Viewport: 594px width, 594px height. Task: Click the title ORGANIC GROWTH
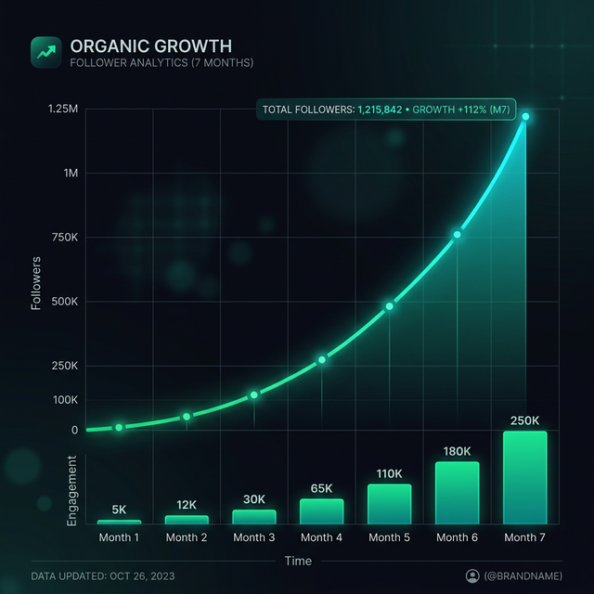coord(151,45)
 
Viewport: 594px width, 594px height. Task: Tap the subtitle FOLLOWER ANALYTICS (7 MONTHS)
coord(161,63)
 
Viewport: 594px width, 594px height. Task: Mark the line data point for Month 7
coord(525,117)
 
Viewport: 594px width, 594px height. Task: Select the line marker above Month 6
coord(457,235)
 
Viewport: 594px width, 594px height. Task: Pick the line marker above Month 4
coord(322,359)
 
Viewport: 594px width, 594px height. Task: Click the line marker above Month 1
coord(119,427)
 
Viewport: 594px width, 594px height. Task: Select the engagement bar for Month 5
coord(389,504)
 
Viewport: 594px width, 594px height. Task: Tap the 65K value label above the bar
coord(321,488)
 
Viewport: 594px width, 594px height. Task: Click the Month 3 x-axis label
coord(254,537)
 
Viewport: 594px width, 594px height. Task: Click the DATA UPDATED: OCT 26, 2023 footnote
coord(102,576)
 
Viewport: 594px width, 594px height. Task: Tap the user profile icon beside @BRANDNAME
coord(471,576)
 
